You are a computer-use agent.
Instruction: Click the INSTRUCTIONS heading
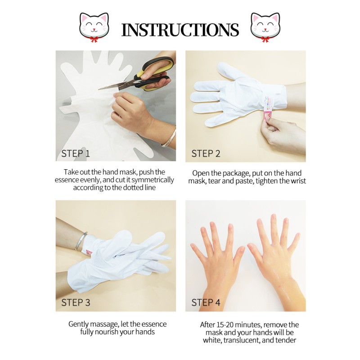point(180,30)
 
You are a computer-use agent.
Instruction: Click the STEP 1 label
point(76,153)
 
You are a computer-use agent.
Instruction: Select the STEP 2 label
point(206,153)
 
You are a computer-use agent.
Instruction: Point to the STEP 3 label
point(76,302)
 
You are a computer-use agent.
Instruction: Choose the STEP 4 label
point(206,302)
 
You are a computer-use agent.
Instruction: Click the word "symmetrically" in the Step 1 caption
point(151,180)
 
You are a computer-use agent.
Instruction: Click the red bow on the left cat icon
point(93,39)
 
